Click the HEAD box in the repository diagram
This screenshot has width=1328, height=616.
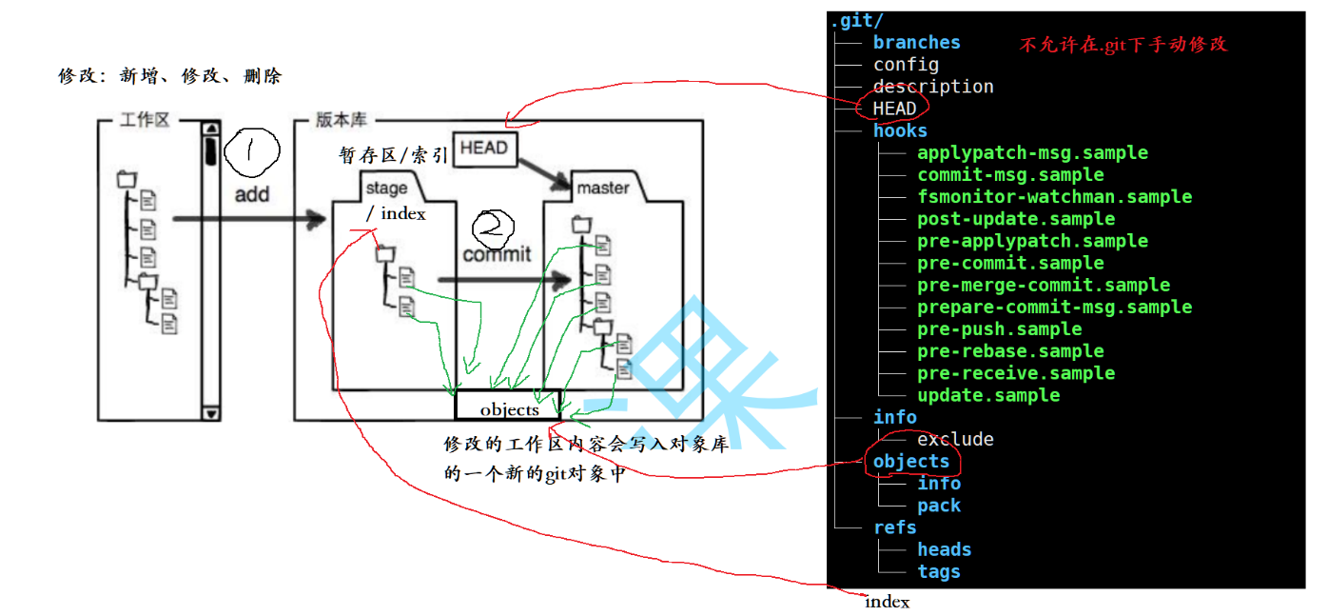[484, 149]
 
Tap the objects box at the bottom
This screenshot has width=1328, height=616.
[509, 409]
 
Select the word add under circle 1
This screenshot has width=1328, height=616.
[252, 194]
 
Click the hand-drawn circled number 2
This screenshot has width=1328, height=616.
[493, 227]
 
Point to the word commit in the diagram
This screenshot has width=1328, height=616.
[497, 254]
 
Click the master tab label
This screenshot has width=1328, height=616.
[603, 188]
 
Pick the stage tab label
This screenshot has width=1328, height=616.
[386, 188]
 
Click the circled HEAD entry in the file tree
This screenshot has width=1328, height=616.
[894, 109]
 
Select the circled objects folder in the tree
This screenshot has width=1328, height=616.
[911, 462]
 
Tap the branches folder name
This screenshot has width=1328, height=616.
[916, 43]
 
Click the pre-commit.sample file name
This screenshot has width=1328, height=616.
[1010, 263]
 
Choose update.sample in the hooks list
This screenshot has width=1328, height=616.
[988, 395]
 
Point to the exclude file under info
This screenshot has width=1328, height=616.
[955, 440]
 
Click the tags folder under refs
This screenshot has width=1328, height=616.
[939, 572]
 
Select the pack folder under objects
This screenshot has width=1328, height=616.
[939, 506]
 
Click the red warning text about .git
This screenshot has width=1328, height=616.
[1123, 45]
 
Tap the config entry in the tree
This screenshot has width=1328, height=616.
[906, 65]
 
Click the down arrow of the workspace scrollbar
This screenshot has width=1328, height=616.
[211, 413]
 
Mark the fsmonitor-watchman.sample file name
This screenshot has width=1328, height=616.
[1054, 197]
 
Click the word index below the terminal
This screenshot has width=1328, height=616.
[887, 602]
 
